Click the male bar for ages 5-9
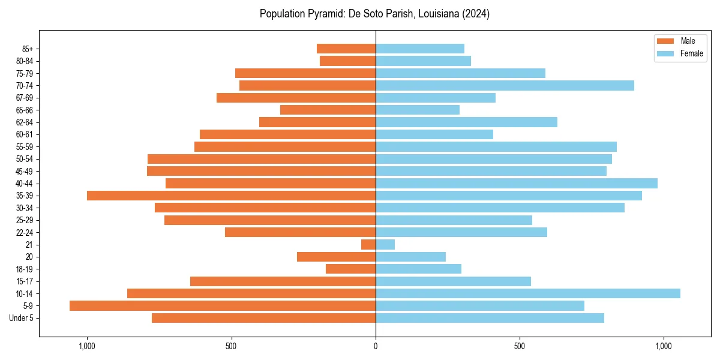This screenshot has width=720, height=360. [222, 306]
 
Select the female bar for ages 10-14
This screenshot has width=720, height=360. [528, 293]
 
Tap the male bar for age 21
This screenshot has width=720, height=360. [368, 245]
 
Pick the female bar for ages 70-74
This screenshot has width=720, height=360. [505, 86]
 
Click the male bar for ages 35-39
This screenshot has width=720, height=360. [231, 196]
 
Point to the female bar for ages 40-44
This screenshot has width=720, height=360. [516, 184]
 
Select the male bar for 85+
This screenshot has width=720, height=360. [346, 49]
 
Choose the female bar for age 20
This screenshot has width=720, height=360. [410, 257]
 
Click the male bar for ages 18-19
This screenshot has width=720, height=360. [350, 269]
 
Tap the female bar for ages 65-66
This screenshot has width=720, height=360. [418, 110]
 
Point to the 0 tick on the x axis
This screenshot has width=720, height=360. [376, 346]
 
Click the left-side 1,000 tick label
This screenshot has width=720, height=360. [87, 346]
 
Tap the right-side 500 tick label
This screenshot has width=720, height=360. [520, 346]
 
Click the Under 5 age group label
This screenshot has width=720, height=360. [21, 318]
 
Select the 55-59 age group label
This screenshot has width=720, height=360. [25, 147]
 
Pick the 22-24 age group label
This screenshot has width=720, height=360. [25, 233]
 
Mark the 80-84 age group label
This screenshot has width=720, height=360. [25, 61]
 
